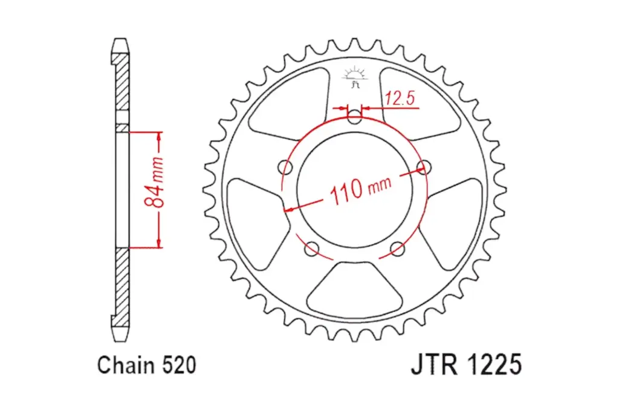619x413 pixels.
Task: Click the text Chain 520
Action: (146, 365)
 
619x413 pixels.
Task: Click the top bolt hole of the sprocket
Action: (355, 116)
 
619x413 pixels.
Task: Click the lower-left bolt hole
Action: (313, 247)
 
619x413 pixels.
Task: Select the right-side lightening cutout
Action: (455, 209)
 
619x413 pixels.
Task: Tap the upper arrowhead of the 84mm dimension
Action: (160, 135)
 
